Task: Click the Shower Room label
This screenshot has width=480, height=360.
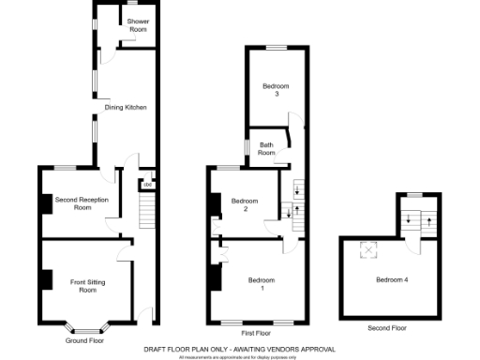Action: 138,24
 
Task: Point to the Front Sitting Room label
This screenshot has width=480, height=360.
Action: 87,284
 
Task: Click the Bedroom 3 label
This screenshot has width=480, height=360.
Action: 277,90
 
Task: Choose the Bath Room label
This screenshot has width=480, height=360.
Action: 265,148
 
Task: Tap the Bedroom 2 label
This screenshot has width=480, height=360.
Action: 245,204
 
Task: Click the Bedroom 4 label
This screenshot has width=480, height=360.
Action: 391,279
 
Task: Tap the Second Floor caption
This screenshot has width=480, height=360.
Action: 387,328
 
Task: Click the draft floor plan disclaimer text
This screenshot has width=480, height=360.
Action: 238,349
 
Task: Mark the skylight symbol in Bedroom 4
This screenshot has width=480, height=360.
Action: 367,248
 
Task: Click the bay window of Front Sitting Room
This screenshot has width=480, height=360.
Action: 86,327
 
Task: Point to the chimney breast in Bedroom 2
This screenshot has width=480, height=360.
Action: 215,202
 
